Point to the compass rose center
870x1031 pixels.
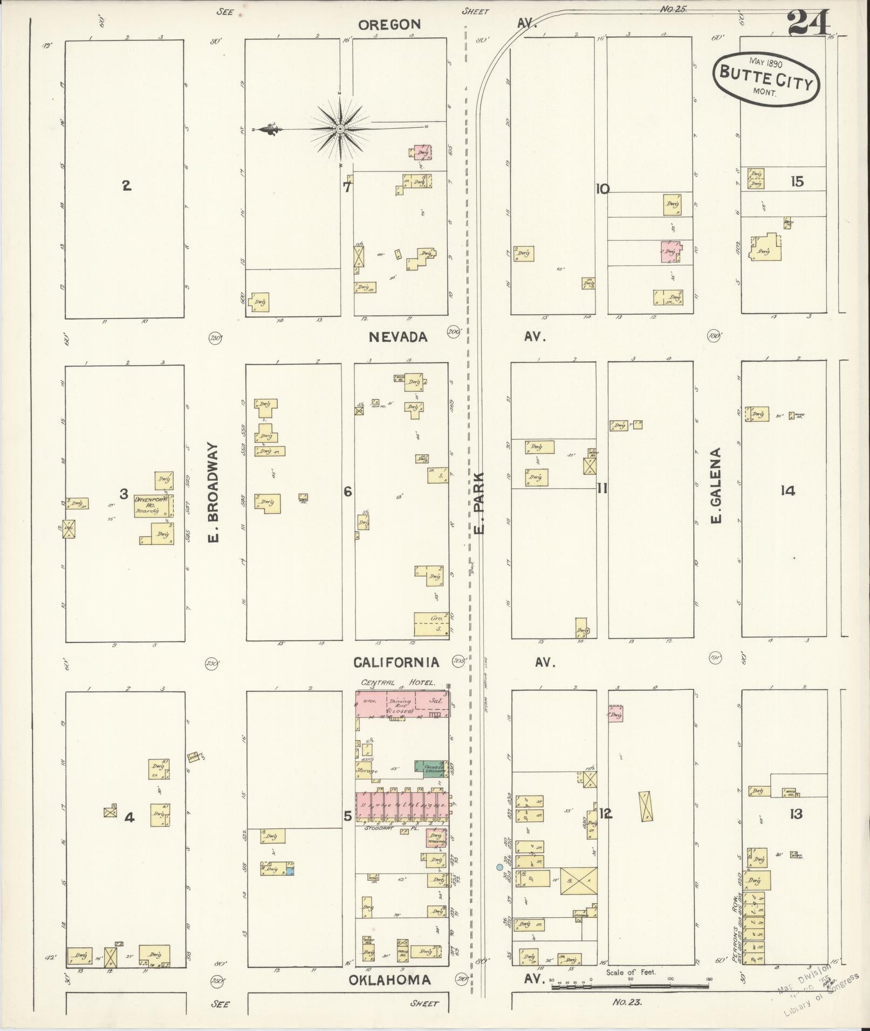340,129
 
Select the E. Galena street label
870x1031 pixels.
716,485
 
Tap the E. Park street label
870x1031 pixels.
479,502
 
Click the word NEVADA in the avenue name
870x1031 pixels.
398,337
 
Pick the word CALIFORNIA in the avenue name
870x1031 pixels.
396,662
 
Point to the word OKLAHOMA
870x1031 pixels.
389,980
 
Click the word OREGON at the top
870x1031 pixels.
389,24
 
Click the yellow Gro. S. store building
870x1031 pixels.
430,624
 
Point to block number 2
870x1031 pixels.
126,186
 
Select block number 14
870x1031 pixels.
787,490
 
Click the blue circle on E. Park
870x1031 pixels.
499,867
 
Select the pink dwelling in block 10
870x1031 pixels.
670,252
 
